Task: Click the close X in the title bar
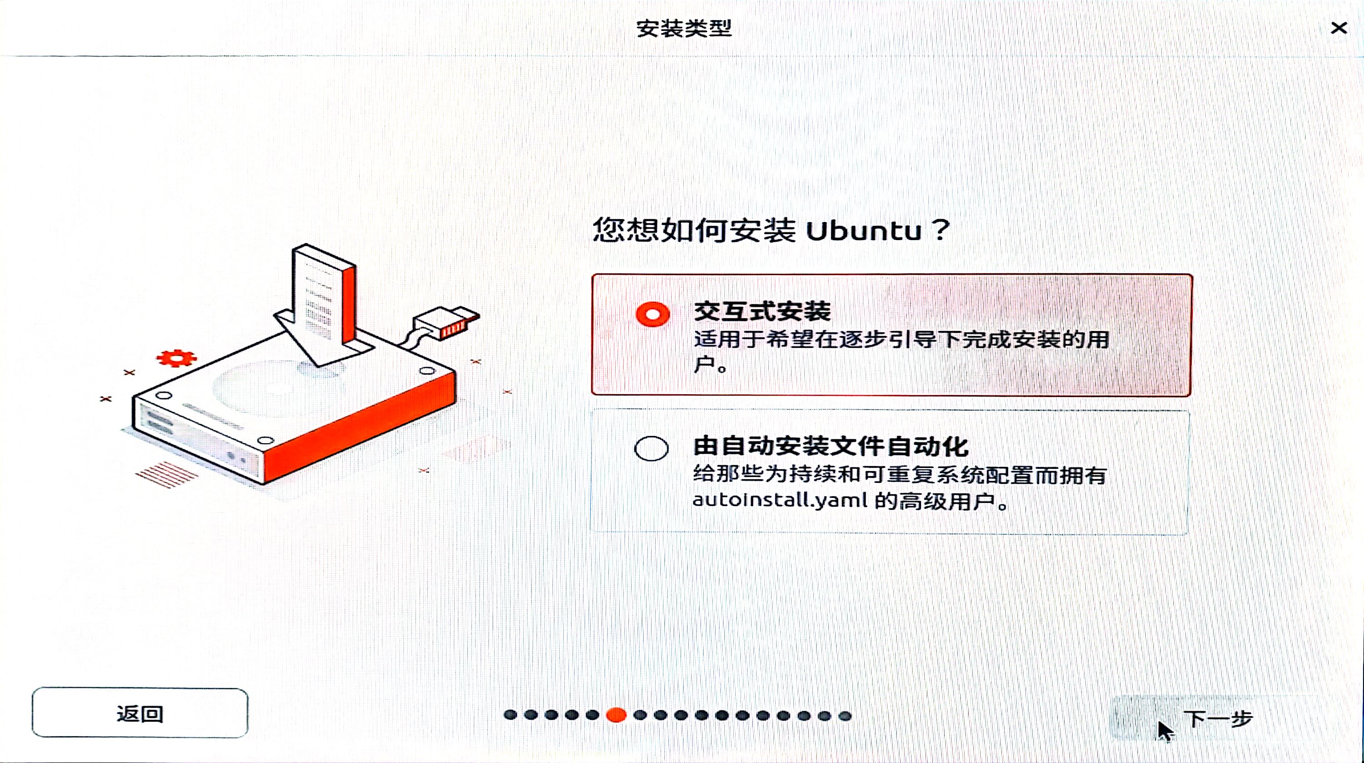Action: coord(1339,28)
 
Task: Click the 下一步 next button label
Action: coord(1218,718)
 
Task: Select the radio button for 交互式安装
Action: coord(652,314)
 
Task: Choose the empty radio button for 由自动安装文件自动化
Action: coord(651,448)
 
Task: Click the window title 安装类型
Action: coord(683,29)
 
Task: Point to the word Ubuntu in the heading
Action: coord(863,231)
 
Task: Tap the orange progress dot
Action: coord(616,715)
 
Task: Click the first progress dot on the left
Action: coord(511,715)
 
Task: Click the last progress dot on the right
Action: coord(845,716)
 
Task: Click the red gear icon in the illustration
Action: coord(176,358)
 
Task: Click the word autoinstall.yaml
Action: coord(779,500)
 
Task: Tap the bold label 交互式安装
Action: coord(762,311)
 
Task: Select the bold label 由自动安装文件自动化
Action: coord(830,447)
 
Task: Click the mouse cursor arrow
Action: coord(1164,731)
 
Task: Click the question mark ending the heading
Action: coord(940,231)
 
